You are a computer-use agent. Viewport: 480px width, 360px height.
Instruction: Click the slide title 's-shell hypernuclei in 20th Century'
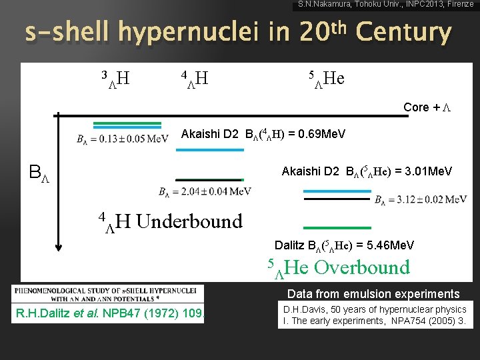[237, 32]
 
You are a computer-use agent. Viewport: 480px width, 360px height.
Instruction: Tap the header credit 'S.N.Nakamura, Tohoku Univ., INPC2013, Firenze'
[386, 5]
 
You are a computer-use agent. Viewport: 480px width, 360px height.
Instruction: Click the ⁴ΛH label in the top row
[194, 79]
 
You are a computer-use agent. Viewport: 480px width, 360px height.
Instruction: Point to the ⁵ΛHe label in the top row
[326, 79]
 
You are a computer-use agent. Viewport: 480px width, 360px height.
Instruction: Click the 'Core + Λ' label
[427, 107]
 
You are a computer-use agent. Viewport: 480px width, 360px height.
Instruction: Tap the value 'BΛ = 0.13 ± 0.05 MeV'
[122, 139]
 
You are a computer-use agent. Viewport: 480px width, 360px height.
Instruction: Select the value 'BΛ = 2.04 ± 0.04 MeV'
[205, 193]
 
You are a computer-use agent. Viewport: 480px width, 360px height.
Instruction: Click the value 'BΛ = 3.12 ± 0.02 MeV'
[421, 199]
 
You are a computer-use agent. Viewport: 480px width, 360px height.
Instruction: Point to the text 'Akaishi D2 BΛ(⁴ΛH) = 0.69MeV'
[263, 135]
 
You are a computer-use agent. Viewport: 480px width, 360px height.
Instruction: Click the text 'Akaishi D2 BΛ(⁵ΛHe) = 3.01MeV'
[367, 172]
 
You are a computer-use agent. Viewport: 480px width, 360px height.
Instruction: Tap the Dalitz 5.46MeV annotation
[345, 245]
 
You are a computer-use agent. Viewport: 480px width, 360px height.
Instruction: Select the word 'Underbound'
[189, 221]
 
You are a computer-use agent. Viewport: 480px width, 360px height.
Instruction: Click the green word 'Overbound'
[361, 268]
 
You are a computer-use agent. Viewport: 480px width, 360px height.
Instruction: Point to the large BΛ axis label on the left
[39, 174]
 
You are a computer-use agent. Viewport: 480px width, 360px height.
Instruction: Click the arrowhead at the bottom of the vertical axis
[59, 247]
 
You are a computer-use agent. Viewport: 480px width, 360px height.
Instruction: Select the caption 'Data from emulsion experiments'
[373, 294]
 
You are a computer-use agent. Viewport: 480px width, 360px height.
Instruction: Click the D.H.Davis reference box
[375, 315]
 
